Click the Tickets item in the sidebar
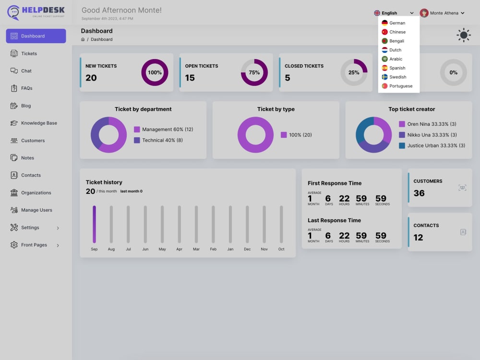pyautogui.click(x=29, y=54)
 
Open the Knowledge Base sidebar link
pyautogui.click(x=39, y=123)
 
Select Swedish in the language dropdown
pyautogui.click(x=397, y=77)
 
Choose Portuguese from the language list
pyautogui.click(x=401, y=86)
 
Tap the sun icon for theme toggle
pyautogui.click(x=464, y=35)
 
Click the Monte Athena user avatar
pyautogui.click(x=424, y=13)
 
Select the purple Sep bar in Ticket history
pyautogui.click(x=94, y=224)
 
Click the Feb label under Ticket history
pyautogui.click(x=213, y=249)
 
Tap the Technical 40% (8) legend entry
pyautogui.click(x=158, y=140)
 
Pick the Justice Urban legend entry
pyautogui.click(x=432, y=146)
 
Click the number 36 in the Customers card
pyautogui.click(x=419, y=193)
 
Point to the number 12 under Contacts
pyautogui.click(x=418, y=238)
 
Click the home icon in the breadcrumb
pyautogui.click(x=83, y=39)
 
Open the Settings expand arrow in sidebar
pyautogui.click(x=58, y=228)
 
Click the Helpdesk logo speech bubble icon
pyautogui.click(x=13, y=12)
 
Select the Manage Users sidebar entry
pyautogui.click(x=36, y=210)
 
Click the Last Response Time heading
pyautogui.click(x=334, y=220)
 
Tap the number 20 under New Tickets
pyautogui.click(x=91, y=78)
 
